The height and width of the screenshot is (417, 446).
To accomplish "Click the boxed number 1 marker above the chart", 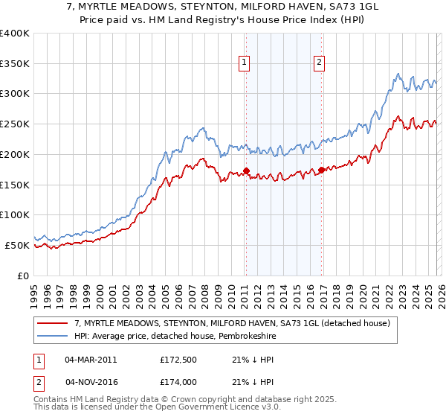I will (x=245, y=63).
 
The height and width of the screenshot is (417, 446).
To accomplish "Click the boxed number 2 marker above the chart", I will (x=319, y=63).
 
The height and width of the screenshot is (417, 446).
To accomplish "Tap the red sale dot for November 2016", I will (x=321, y=170).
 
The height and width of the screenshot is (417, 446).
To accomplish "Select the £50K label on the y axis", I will (x=17, y=245).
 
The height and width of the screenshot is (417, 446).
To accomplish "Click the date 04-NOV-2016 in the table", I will (x=91, y=381).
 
